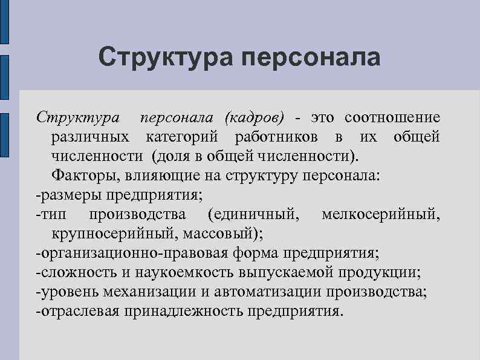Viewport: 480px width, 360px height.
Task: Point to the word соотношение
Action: click(392, 117)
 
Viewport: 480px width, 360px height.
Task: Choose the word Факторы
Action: click(79, 176)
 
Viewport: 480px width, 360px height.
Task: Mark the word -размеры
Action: click(69, 195)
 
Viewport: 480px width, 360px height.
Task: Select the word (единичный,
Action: click(251, 215)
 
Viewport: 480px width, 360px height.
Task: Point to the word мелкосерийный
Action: click(381, 215)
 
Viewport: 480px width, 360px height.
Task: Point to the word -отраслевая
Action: click(78, 312)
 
